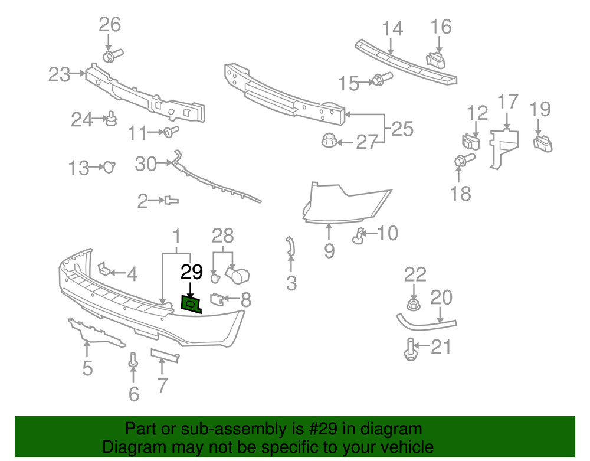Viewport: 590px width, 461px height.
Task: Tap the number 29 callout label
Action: click(x=192, y=273)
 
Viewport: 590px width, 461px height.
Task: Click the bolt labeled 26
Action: click(x=111, y=55)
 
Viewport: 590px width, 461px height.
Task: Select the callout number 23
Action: click(x=58, y=74)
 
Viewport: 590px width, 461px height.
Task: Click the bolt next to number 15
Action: click(x=379, y=80)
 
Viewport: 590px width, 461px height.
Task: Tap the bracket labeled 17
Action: click(x=504, y=145)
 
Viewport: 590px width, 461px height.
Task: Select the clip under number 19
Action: click(x=543, y=143)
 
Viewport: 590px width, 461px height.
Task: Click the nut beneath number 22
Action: click(x=414, y=305)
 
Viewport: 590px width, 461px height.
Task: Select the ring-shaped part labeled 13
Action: click(x=108, y=168)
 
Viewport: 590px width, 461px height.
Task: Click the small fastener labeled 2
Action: click(x=171, y=201)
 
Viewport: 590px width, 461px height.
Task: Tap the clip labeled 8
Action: click(x=217, y=300)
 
